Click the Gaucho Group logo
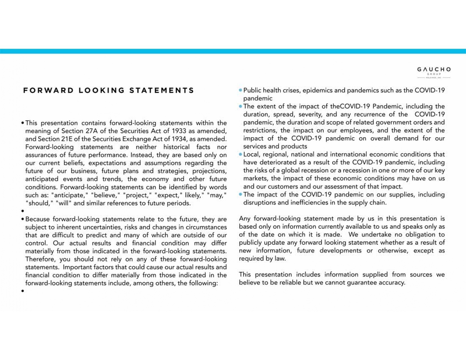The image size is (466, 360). click(x=434, y=72)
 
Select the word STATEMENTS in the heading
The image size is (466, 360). click(x=162, y=90)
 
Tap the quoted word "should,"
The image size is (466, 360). click(x=39, y=203)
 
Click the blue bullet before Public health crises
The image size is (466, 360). click(x=241, y=91)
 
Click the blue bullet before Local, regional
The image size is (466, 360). click(x=241, y=155)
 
